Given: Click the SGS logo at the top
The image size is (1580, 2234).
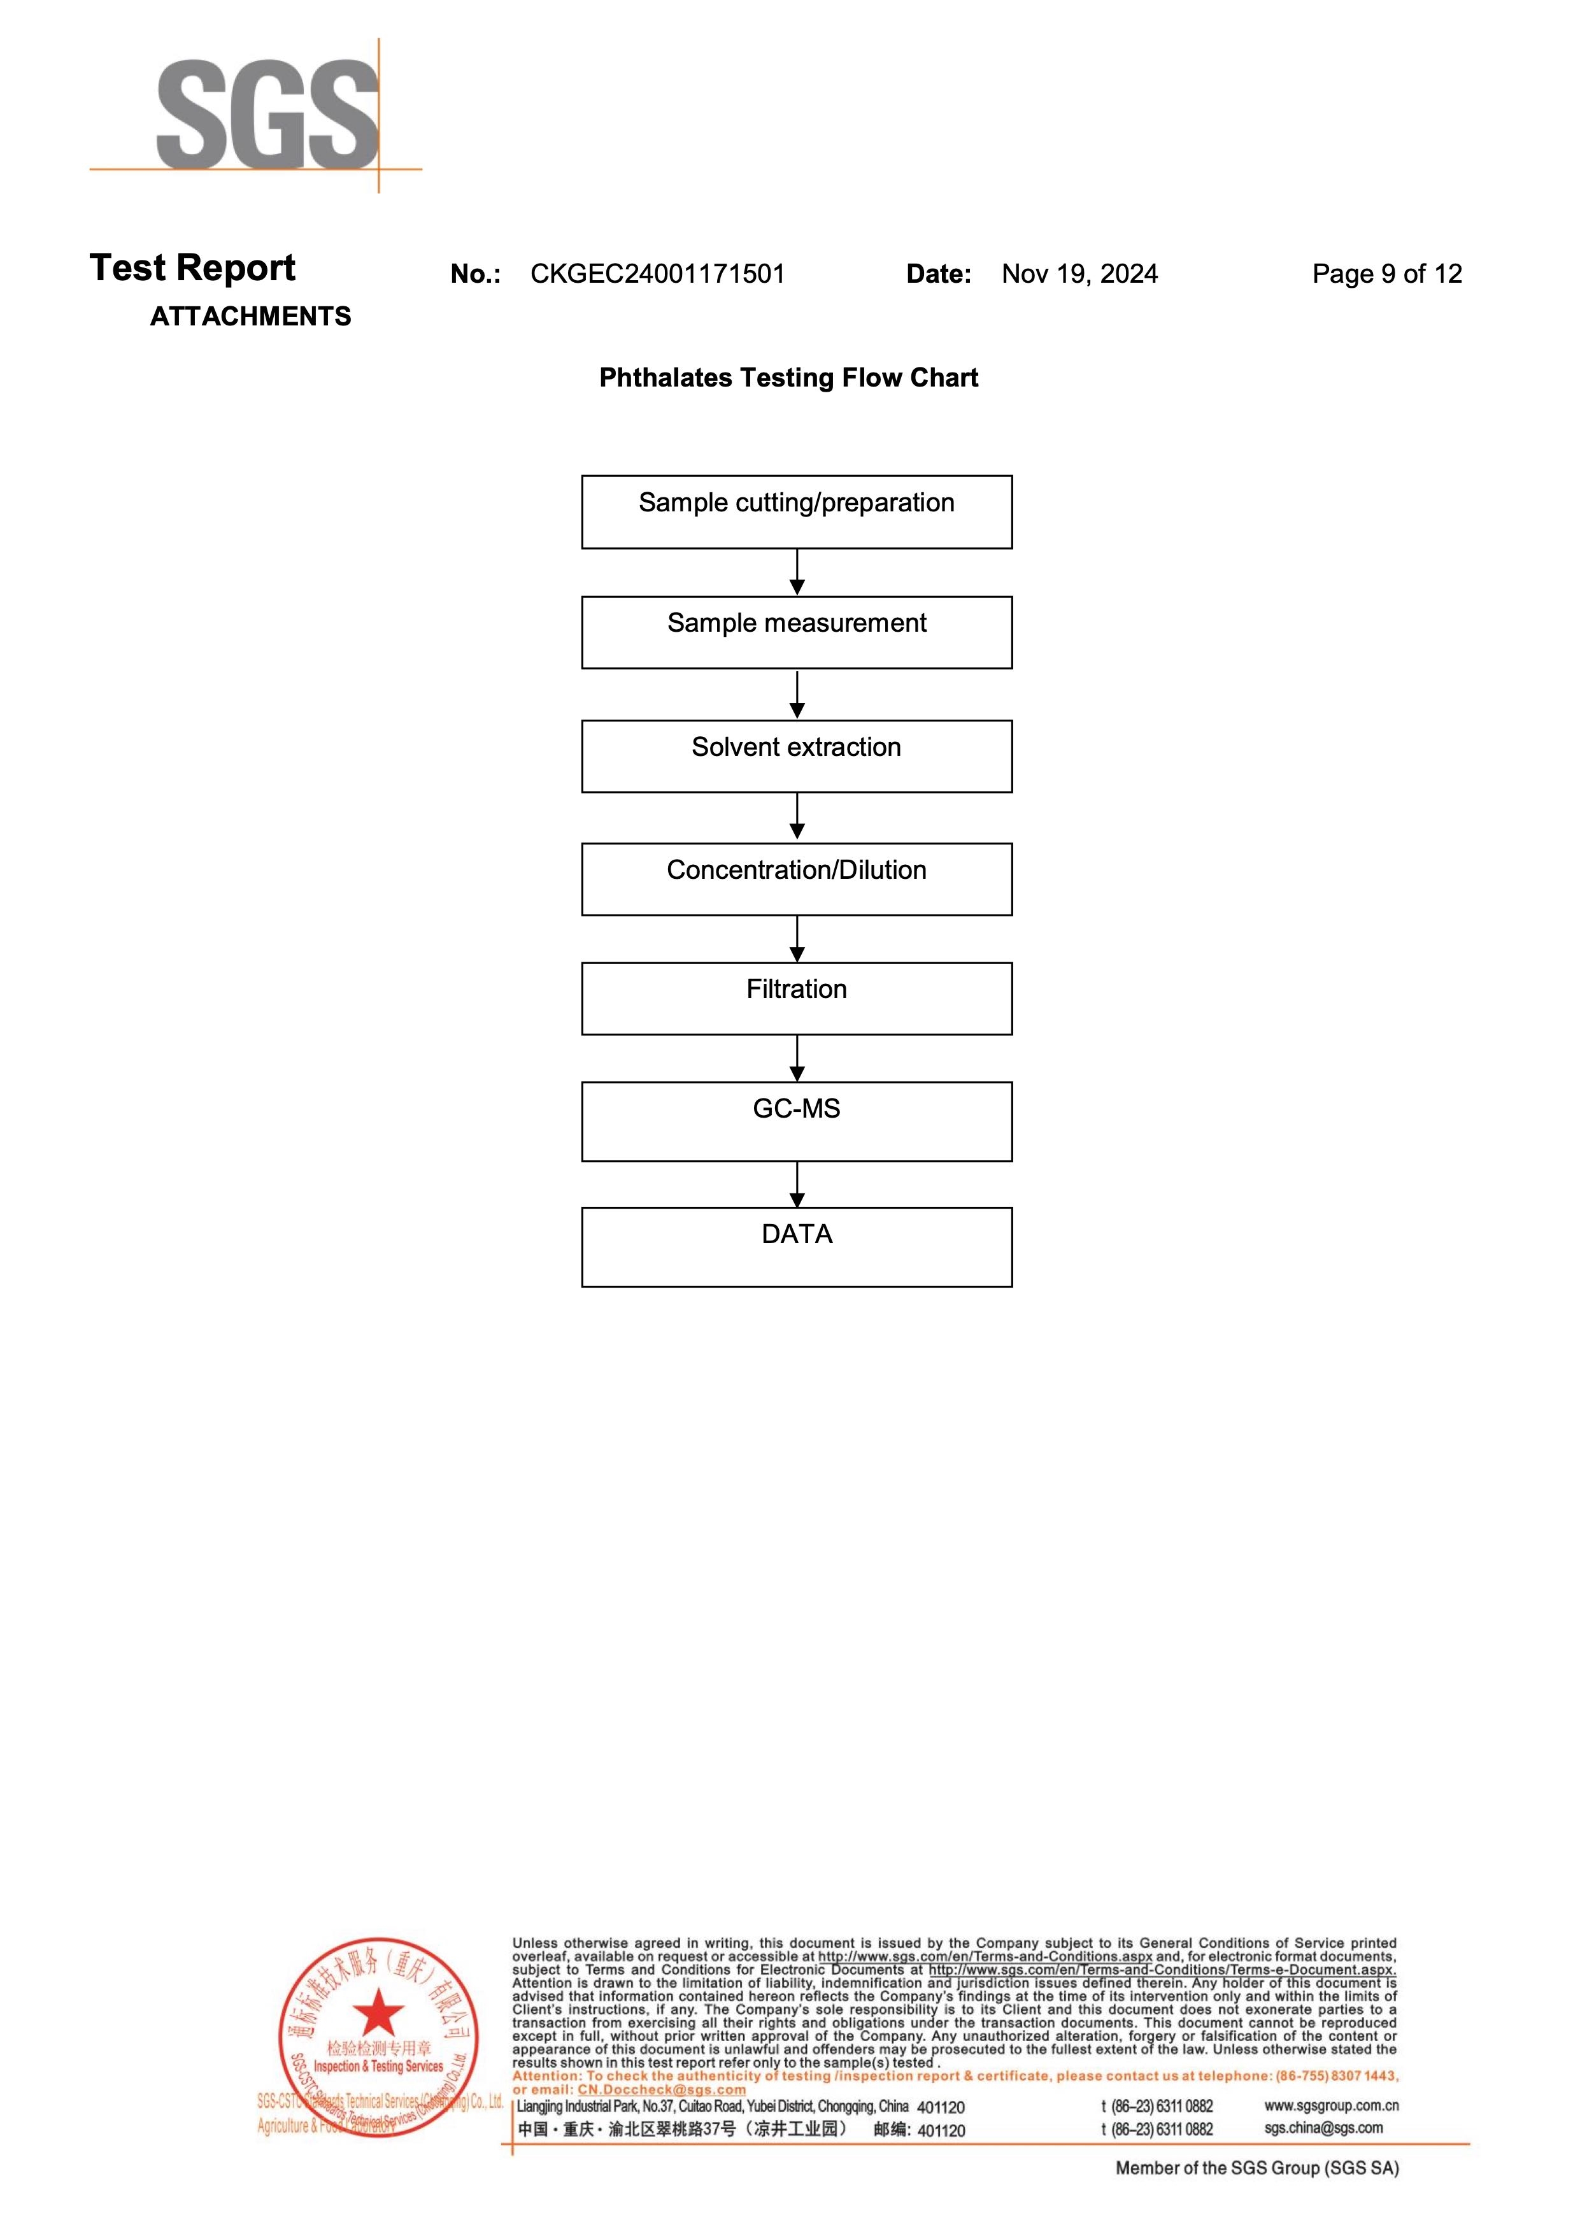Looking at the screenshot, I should click(267, 115).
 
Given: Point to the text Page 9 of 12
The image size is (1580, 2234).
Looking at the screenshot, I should click(1386, 274).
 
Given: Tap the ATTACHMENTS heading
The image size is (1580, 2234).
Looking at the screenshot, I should click(250, 317).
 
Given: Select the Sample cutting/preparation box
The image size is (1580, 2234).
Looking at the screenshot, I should click(796, 512).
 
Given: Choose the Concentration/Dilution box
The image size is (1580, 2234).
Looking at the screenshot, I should click(796, 879).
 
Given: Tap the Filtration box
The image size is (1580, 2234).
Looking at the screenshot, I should click(796, 999).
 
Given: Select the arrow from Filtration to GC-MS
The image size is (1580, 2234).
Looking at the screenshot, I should click(797, 1058).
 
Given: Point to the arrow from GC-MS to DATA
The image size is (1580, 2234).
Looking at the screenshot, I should click(797, 1184).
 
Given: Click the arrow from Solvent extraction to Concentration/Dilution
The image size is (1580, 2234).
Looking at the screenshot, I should click(797, 817).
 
